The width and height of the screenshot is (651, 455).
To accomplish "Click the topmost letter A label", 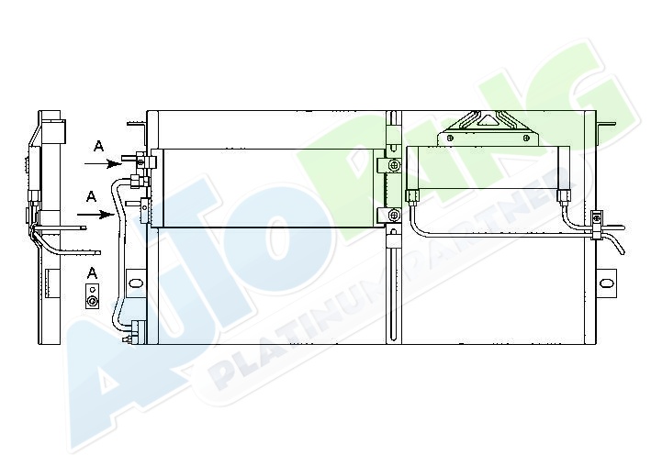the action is click(x=98, y=146).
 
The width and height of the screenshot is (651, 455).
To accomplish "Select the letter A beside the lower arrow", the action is click(x=91, y=196).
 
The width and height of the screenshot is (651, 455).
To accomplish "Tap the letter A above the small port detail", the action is click(x=92, y=273).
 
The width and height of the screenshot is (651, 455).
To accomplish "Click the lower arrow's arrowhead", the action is click(x=107, y=215).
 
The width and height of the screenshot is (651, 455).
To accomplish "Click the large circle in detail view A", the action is click(x=93, y=301).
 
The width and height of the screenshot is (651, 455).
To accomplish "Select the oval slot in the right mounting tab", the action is click(x=607, y=283).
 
